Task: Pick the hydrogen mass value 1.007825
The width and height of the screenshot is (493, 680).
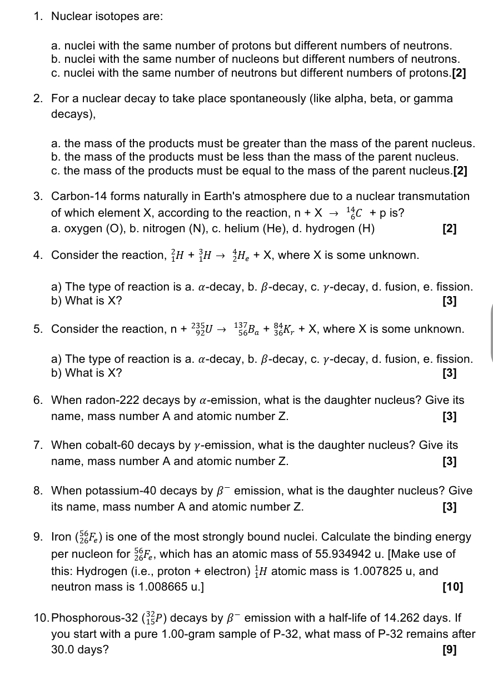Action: (x=379, y=571)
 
